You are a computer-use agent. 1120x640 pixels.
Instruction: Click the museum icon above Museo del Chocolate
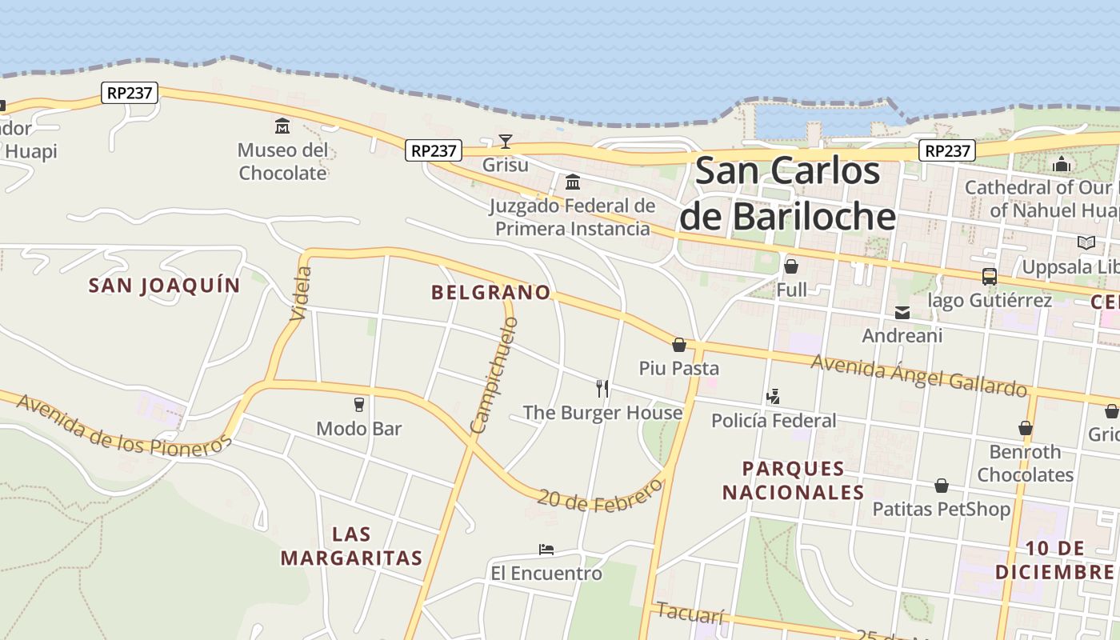tap(282, 126)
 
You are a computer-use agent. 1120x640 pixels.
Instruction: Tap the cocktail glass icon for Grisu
tap(506, 142)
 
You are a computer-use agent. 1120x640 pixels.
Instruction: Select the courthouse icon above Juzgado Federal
tap(573, 182)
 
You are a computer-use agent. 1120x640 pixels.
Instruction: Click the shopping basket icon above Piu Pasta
tap(679, 345)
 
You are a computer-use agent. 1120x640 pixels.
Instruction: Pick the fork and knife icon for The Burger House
tap(602, 389)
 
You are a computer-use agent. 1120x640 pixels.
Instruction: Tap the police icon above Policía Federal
tap(773, 396)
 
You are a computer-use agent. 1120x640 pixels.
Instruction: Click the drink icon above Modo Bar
tap(358, 405)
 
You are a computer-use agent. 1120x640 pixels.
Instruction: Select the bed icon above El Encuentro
tap(546, 550)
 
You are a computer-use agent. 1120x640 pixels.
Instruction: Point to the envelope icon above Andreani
tap(902, 312)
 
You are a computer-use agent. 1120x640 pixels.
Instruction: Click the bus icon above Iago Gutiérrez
tap(990, 277)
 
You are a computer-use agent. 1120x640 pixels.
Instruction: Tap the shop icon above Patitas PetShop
tap(942, 486)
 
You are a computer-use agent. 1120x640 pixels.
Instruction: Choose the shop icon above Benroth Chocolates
tap(1025, 428)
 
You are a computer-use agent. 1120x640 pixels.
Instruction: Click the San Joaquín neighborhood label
tap(164, 286)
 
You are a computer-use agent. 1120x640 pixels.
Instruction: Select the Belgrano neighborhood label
tap(491, 293)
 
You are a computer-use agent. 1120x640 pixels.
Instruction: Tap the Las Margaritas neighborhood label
tap(352, 546)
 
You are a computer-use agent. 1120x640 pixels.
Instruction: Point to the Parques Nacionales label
tap(794, 480)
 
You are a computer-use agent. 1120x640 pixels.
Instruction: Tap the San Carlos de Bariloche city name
tap(788, 194)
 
